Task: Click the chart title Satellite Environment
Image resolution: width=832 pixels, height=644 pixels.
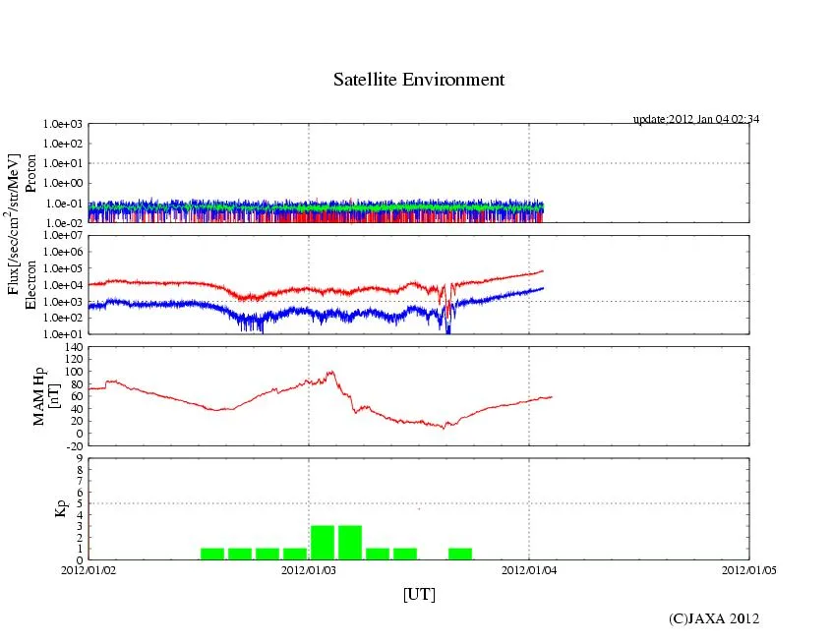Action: (419, 80)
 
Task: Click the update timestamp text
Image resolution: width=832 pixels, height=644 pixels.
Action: (696, 119)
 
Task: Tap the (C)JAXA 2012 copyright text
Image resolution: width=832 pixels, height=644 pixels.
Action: (714, 617)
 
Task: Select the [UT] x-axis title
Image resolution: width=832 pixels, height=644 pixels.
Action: (419, 594)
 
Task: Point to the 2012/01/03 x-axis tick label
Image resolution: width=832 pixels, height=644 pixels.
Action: (309, 569)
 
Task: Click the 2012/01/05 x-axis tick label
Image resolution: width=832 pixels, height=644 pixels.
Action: (750, 569)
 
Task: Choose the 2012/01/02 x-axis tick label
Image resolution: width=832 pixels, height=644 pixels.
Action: (89, 569)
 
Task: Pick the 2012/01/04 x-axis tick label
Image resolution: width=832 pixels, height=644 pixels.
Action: (529, 569)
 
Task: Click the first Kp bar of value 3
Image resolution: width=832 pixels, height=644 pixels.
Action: (323, 543)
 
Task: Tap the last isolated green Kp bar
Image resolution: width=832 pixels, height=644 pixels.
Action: (460, 554)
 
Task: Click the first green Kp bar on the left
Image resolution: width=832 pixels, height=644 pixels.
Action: (212, 554)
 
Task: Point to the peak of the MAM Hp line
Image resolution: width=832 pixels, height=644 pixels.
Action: (331, 372)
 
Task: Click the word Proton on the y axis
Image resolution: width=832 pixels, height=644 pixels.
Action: (30, 174)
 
